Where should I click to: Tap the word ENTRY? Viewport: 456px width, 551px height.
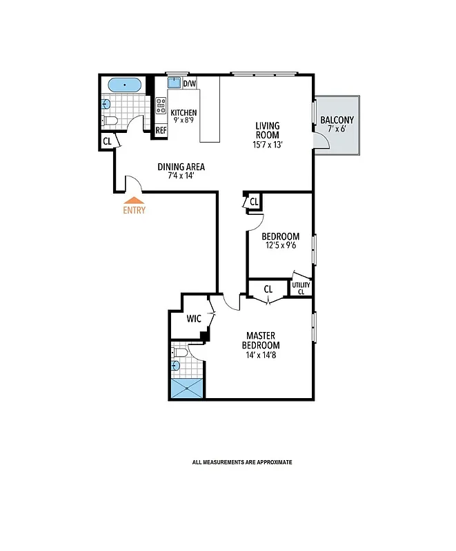tap(134, 211)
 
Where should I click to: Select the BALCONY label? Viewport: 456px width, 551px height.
tap(337, 121)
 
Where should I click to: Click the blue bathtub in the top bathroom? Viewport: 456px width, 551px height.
tap(124, 85)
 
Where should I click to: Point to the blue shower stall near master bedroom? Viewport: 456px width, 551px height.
tap(188, 388)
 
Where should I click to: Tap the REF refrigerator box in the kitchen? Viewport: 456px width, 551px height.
tap(161, 130)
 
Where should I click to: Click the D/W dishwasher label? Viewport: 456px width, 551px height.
tap(189, 84)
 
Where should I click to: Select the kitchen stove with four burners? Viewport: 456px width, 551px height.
tap(161, 105)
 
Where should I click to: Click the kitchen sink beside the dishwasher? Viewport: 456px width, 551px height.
tap(175, 84)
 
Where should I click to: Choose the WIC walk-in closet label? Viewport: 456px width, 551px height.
tap(195, 318)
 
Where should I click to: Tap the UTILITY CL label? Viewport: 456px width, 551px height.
tap(301, 288)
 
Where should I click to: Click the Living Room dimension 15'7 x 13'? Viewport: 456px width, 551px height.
tap(267, 145)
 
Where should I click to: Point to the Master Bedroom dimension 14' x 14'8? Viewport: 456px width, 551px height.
tap(262, 355)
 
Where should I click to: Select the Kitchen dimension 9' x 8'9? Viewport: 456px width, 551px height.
tap(184, 121)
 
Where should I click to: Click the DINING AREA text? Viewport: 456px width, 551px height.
tap(181, 167)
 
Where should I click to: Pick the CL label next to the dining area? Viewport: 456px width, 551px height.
tap(107, 142)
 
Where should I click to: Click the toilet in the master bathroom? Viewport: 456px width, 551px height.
tap(178, 353)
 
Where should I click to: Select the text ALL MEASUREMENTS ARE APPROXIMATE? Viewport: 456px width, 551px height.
tap(241, 462)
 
